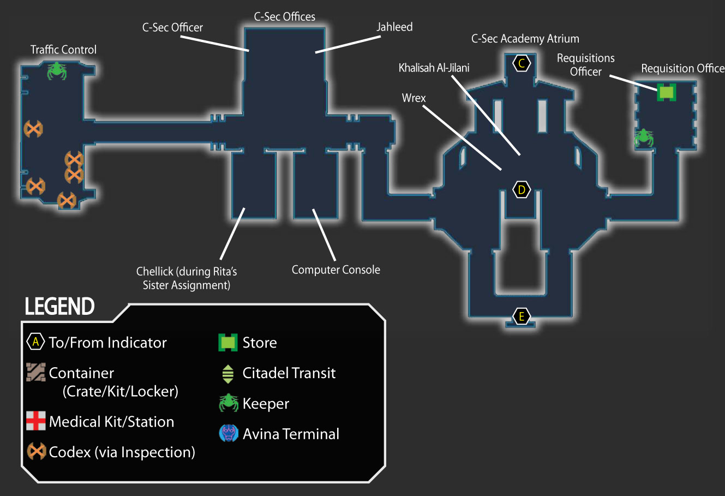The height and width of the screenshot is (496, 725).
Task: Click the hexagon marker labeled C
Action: [x=522, y=63]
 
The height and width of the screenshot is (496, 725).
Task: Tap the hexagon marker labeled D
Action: [x=522, y=189]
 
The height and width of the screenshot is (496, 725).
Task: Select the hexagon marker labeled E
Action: [x=522, y=316]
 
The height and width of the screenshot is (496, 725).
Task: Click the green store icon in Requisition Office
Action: [x=667, y=92]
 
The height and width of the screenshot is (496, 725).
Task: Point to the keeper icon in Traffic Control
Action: [x=57, y=71]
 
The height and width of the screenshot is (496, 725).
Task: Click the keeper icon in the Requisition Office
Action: [x=643, y=138]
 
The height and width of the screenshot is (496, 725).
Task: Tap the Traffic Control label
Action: [x=63, y=50]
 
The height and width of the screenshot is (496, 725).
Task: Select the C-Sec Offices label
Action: [x=285, y=16]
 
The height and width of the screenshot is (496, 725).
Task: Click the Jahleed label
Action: [x=394, y=27]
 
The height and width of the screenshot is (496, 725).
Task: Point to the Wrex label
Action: [x=414, y=98]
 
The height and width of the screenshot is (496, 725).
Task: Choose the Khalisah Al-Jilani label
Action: [x=434, y=68]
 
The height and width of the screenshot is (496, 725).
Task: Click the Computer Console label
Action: [x=336, y=270]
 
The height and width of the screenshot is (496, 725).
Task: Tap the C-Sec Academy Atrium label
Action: [x=525, y=39]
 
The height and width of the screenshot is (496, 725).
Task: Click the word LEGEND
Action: [x=59, y=306]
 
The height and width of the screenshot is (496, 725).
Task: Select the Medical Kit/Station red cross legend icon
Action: [x=36, y=421]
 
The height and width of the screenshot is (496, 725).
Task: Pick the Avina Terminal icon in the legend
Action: [x=229, y=433]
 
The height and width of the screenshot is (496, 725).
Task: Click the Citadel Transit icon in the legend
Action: [x=228, y=374]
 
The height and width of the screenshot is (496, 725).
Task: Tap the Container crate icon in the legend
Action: [x=36, y=372]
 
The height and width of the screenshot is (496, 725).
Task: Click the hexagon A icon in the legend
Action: [x=35, y=342]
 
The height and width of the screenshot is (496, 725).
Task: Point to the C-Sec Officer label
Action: [x=172, y=27]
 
